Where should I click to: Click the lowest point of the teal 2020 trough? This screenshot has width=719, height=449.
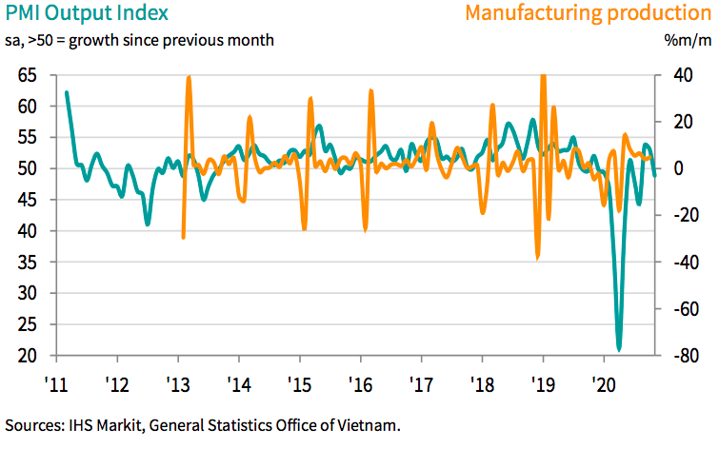point(619,349)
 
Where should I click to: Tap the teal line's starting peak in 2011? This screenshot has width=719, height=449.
point(67,92)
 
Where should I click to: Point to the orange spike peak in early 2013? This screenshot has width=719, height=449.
point(189,77)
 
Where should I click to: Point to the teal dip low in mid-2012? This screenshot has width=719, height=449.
point(148,224)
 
